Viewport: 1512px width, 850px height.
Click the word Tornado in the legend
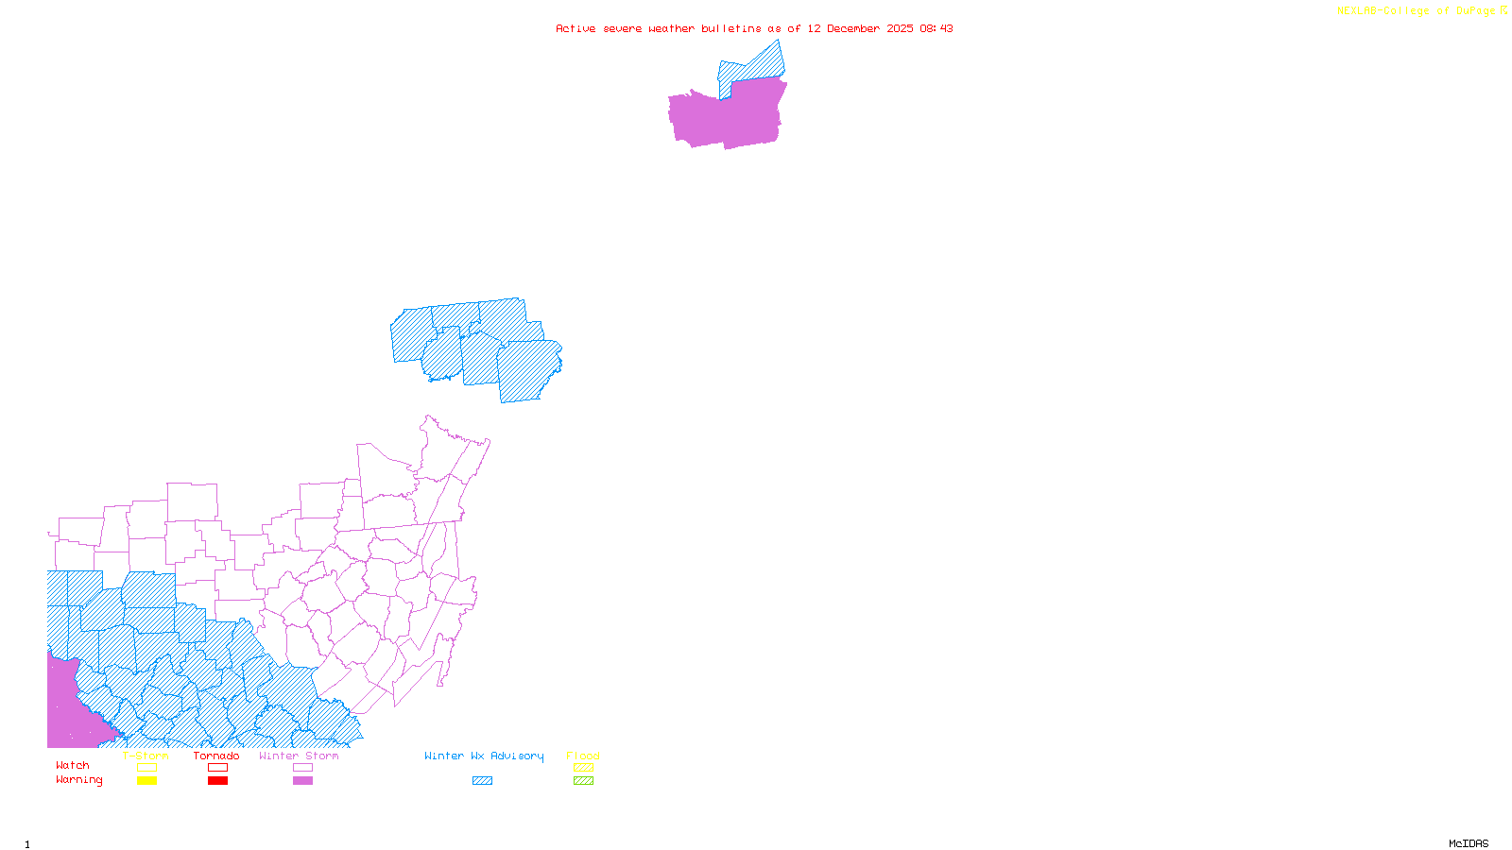point(216,756)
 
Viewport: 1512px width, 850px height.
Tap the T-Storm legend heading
point(146,756)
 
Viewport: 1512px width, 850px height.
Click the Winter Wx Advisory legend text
point(484,756)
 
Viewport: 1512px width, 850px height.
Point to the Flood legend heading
point(583,756)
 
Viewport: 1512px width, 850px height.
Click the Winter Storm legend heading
point(299,756)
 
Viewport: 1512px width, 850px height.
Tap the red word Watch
point(73,765)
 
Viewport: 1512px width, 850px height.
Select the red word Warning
point(79,780)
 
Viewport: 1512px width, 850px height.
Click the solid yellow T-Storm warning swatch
point(146,781)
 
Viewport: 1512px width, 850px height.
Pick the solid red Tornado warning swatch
point(217,781)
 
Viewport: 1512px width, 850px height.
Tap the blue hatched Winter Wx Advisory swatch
point(482,781)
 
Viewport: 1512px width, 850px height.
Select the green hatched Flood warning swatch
point(583,781)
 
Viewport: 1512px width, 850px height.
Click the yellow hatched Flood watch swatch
point(583,768)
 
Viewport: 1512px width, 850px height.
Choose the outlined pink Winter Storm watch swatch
point(302,768)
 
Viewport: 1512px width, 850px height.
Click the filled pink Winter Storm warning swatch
point(302,781)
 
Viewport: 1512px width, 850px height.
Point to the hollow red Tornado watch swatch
point(217,768)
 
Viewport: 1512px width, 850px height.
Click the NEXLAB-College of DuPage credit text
point(1417,11)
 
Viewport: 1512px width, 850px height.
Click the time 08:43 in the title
point(936,28)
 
